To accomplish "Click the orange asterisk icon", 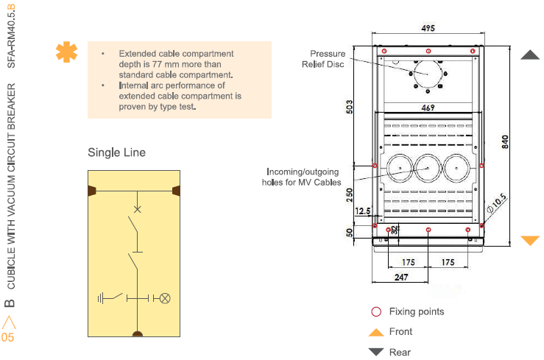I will click(66, 53).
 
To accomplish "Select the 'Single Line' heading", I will click(116, 152).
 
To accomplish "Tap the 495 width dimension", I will click(428, 29).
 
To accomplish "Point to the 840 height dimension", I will click(505, 142).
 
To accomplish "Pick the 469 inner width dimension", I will click(428, 107).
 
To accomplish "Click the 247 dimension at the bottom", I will click(402, 277).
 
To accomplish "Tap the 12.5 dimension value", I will click(362, 211).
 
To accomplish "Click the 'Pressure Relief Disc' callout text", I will click(327, 59).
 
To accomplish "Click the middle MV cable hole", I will click(428, 169).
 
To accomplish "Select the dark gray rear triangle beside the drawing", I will click(530, 54).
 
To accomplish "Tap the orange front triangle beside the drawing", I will click(530, 240).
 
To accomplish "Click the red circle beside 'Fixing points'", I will click(376, 311).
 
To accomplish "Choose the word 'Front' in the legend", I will click(400, 332).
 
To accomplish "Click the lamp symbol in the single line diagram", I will click(166, 298).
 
